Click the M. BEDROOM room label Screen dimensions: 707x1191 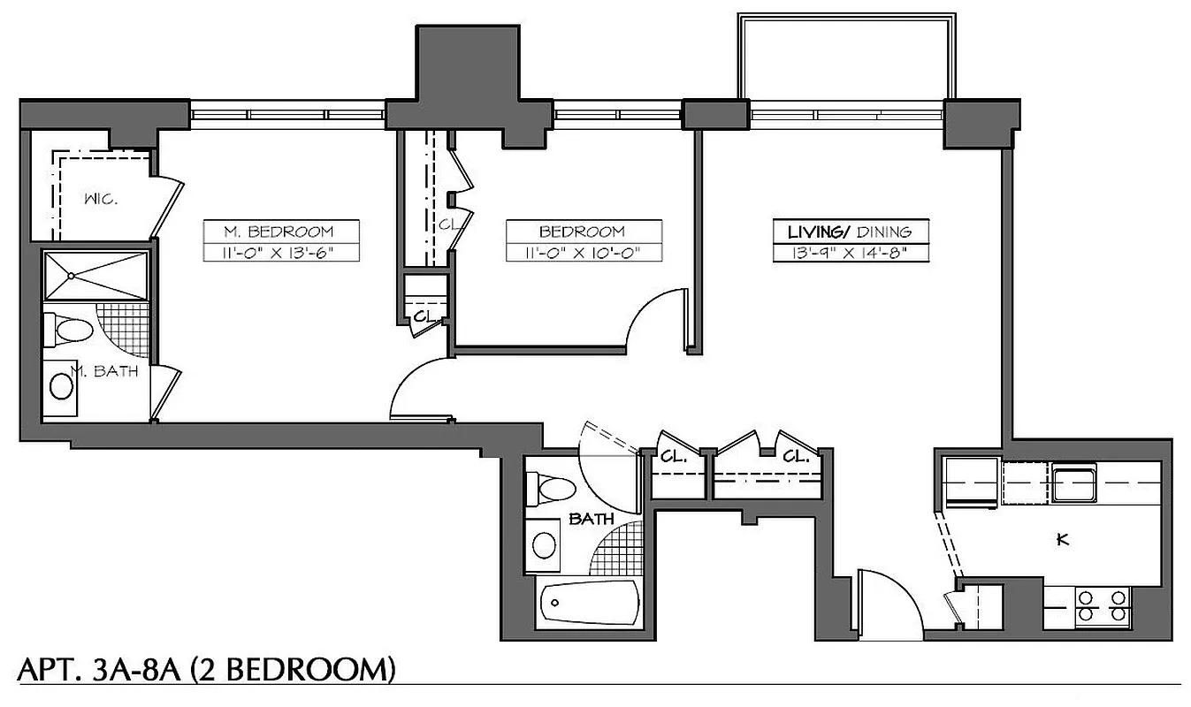[x=280, y=232]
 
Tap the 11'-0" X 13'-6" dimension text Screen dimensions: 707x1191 [x=280, y=253]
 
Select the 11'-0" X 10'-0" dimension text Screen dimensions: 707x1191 [x=583, y=253]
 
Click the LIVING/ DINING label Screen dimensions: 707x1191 [x=850, y=232]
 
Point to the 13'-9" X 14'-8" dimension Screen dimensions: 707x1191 [x=850, y=253]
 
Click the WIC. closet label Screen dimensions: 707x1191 [x=102, y=199]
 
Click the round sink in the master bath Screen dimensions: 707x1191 [x=61, y=386]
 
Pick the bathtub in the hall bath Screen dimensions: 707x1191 [x=589, y=605]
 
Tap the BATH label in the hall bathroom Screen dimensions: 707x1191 [x=592, y=520]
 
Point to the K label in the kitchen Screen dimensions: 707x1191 [x=1063, y=540]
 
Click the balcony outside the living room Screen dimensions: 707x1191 [x=847, y=57]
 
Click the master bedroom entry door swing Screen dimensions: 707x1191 [x=419, y=389]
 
